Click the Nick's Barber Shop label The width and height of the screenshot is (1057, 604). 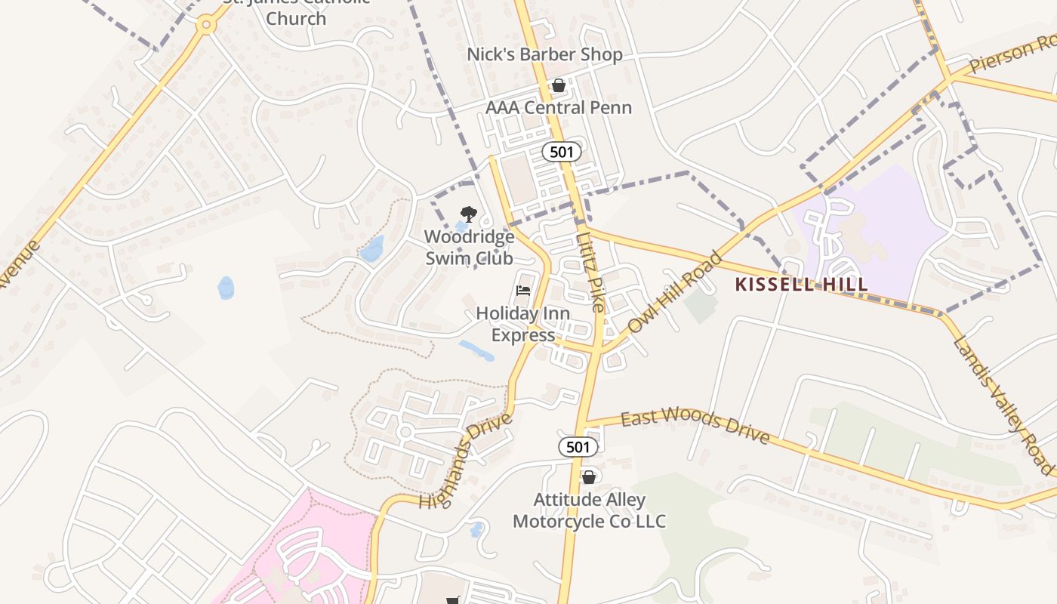(x=544, y=54)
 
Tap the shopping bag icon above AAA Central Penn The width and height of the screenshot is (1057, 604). (x=559, y=85)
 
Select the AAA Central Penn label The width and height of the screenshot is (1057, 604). (x=558, y=107)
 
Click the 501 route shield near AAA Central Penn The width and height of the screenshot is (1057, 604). (x=562, y=152)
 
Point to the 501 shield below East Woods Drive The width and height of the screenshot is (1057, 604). (x=578, y=447)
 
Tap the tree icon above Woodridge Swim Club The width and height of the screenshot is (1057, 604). (x=469, y=214)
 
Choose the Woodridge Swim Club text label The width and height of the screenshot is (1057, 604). (x=468, y=248)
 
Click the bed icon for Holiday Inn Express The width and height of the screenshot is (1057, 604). (x=522, y=291)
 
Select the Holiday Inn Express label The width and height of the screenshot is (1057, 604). (x=522, y=324)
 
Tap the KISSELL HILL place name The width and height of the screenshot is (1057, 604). (x=801, y=285)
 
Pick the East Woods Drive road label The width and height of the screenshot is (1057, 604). (x=695, y=427)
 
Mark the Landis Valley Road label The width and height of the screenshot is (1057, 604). (x=1003, y=405)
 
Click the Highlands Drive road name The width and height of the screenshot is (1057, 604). (x=466, y=461)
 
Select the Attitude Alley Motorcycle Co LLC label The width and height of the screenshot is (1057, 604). (x=589, y=510)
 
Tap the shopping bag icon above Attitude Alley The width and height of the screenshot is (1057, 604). (x=589, y=477)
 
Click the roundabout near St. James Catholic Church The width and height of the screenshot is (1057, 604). (x=205, y=25)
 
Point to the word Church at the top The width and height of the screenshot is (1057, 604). (x=296, y=18)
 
